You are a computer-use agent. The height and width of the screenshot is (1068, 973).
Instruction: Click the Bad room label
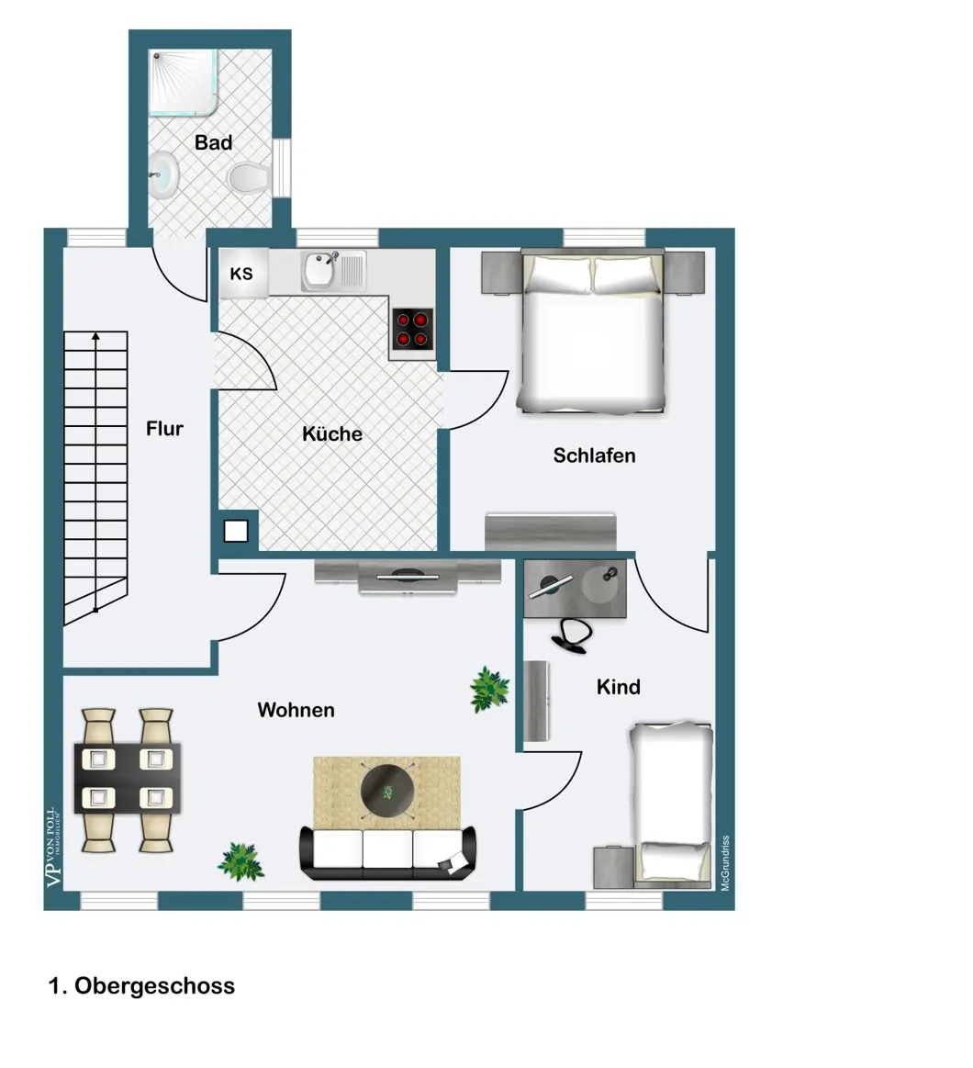213,142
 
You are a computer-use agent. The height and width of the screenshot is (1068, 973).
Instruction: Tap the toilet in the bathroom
250,178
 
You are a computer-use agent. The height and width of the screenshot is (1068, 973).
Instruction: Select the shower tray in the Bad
184,81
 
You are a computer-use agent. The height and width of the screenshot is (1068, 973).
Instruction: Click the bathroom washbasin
162,174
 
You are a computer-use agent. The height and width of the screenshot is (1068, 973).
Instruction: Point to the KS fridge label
241,274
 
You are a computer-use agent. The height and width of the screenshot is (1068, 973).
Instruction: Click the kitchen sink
333,270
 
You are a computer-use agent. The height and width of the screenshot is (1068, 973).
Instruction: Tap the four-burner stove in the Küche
413,329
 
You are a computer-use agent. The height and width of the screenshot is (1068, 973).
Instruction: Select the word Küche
331,433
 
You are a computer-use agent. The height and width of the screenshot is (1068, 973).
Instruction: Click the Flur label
165,429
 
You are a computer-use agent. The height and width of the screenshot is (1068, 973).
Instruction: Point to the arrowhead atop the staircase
96,336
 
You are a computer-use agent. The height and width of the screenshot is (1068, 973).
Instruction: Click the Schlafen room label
594,455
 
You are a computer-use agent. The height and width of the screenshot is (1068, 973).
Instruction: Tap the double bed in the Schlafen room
591,332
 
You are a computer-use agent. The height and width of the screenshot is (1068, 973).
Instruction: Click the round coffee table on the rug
386,791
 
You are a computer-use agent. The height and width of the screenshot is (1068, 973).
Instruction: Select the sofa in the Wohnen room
388,852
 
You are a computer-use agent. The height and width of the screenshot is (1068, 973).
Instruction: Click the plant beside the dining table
241,861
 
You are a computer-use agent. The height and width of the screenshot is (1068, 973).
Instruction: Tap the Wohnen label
296,710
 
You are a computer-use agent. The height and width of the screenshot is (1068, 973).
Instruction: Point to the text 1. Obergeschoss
141,985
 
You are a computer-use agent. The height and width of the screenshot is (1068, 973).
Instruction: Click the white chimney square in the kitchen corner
236,531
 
